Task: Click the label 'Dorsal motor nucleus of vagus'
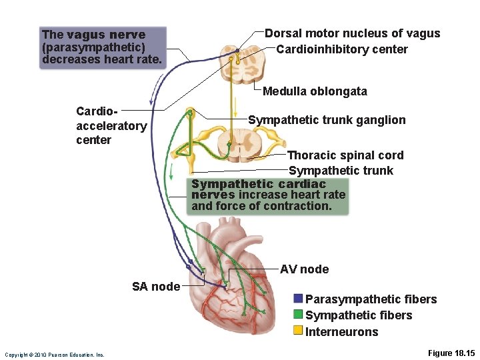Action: point(352,33)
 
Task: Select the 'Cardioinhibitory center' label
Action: point(341,49)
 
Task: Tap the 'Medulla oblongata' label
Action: point(315,91)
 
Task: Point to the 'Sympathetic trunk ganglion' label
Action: point(327,120)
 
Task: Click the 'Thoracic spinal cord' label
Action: point(345,155)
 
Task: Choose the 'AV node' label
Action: point(304,269)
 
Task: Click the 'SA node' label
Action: point(155,287)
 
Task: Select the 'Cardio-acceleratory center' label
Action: point(111,125)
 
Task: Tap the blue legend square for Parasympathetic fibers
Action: point(298,299)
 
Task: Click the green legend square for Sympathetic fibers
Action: point(298,315)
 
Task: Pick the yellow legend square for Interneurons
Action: point(298,331)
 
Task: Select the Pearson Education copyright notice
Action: point(54,355)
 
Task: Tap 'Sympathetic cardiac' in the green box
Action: point(259,184)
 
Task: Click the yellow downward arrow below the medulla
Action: point(235,105)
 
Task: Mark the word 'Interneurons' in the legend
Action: point(341,332)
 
